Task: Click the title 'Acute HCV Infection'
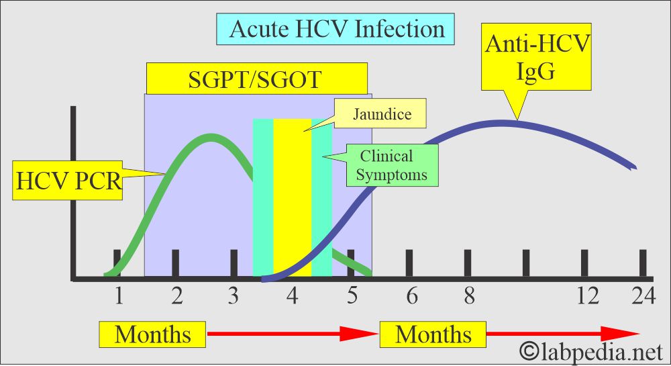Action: tap(337, 30)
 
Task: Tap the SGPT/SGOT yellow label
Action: tap(257, 79)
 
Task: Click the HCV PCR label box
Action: tap(66, 180)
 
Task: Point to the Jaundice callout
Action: tap(381, 114)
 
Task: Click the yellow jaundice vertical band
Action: tap(292, 201)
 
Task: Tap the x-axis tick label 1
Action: tap(118, 296)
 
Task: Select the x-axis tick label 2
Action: tap(176, 296)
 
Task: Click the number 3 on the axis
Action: tap(234, 296)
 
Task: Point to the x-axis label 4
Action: tap(293, 296)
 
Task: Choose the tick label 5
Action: tap(352, 296)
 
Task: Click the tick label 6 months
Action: tap(411, 296)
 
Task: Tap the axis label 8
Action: tap(469, 296)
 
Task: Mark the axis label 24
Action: tap(642, 296)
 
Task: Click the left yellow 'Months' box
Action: tap(152, 334)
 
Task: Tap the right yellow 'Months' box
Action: tap(433, 334)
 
